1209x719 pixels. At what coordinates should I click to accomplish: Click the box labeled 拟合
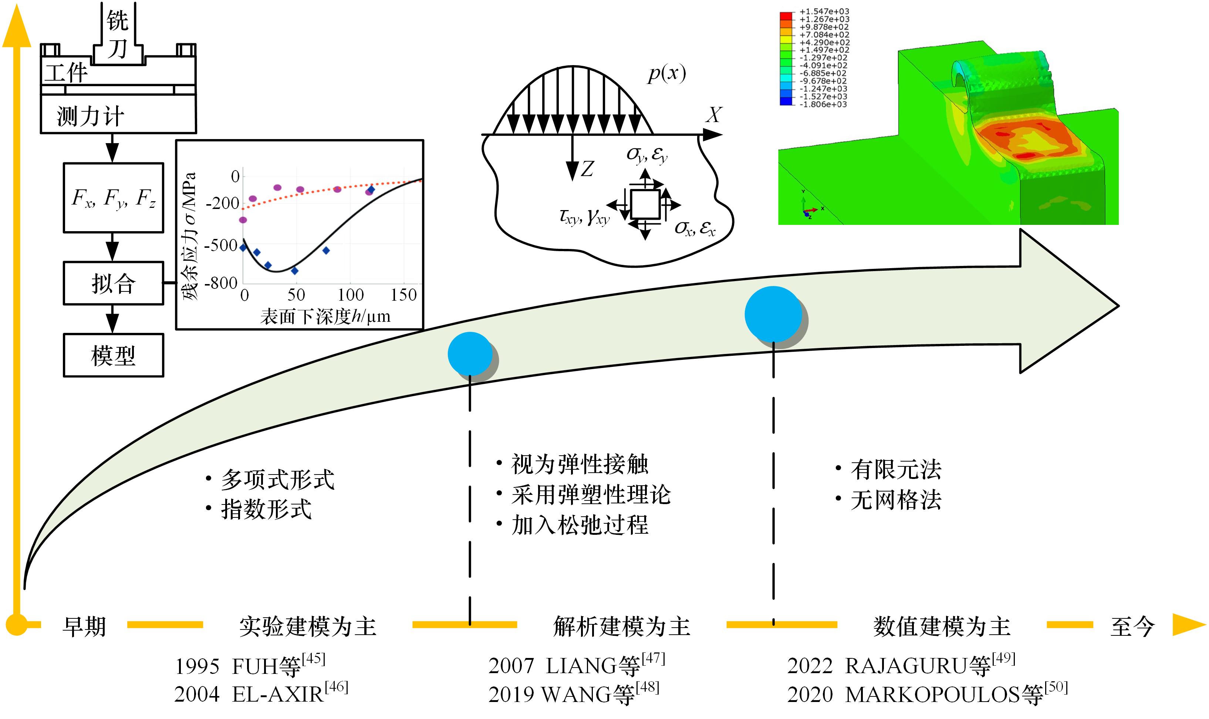113,283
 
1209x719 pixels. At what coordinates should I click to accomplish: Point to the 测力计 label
91,116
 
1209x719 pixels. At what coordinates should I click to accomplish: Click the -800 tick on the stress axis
222,283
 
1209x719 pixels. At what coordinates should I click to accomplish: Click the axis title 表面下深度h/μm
325,316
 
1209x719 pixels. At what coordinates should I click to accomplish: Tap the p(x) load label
666,74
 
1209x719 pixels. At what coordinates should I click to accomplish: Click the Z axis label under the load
587,169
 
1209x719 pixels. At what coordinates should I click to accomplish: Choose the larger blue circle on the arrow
773,314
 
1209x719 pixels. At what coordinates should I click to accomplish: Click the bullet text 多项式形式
277,480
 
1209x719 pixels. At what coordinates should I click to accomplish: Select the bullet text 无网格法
896,500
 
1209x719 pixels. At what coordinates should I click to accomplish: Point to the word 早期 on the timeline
84,627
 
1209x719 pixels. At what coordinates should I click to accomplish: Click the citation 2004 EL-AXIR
261,694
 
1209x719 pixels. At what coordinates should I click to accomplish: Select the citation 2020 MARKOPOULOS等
926,694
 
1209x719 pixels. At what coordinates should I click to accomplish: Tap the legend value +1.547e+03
824,11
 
